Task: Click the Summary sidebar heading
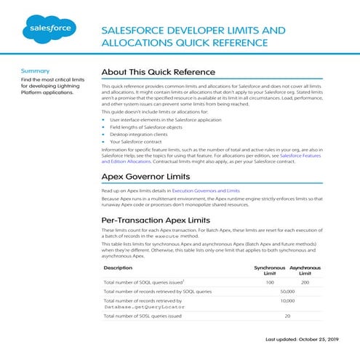(36, 71)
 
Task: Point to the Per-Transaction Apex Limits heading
(161, 219)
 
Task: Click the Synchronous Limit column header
(269, 271)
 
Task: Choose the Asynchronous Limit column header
(305, 271)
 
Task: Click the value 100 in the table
(269, 282)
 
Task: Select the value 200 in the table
(305, 282)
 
